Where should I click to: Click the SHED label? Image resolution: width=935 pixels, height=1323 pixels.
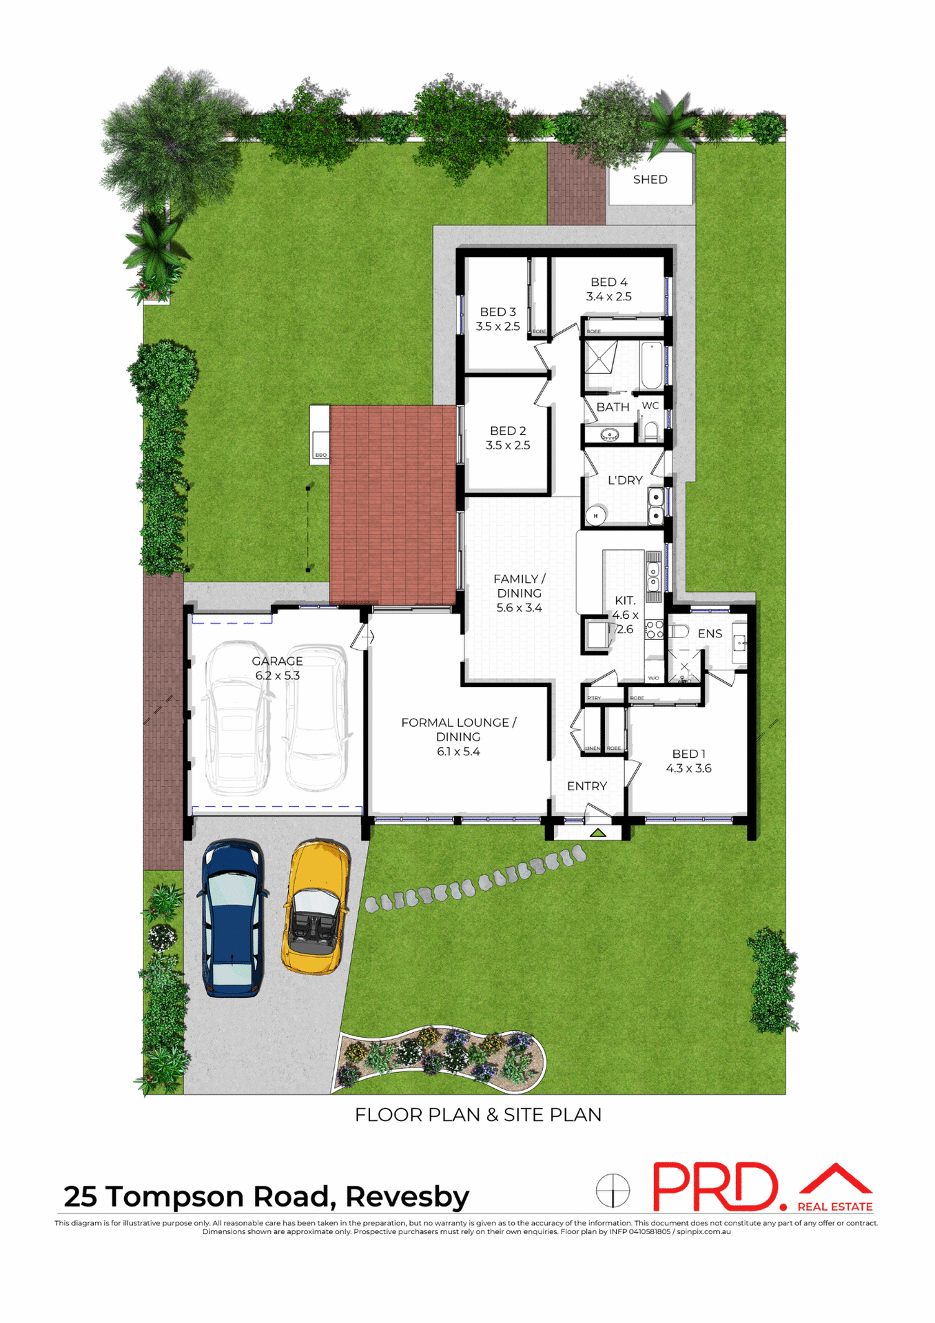pyautogui.click(x=650, y=180)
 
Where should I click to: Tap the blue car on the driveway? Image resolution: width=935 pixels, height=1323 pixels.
pyautogui.click(x=232, y=917)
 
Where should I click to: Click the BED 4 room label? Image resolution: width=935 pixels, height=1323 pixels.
pyautogui.click(x=609, y=283)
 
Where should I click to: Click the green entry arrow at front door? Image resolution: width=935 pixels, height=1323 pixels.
pyautogui.click(x=597, y=833)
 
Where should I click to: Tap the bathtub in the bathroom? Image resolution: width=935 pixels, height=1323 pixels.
pyautogui.click(x=651, y=366)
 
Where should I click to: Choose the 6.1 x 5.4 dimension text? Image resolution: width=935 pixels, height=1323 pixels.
pyautogui.click(x=458, y=752)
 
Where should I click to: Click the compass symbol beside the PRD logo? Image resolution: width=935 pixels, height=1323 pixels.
pyautogui.click(x=613, y=1191)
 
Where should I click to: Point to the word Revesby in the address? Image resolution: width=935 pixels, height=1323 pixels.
pyautogui.click(x=407, y=1197)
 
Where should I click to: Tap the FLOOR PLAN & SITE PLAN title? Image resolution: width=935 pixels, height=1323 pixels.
pyautogui.click(x=478, y=1115)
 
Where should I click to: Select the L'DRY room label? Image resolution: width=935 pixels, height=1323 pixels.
pyautogui.click(x=625, y=480)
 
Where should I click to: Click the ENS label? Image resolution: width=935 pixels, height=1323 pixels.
pyautogui.click(x=710, y=634)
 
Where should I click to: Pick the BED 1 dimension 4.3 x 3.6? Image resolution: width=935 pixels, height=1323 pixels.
pyautogui.click(x=688, y=769)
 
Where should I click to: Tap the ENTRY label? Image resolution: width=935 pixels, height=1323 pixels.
pyautogui.click(x=587, y=786)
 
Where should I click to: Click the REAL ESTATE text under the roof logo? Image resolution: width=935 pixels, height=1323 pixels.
pyautogui.click(x=835, y=1207)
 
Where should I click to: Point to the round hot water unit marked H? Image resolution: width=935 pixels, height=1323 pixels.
pyautogui.click(x=595, y=515)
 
